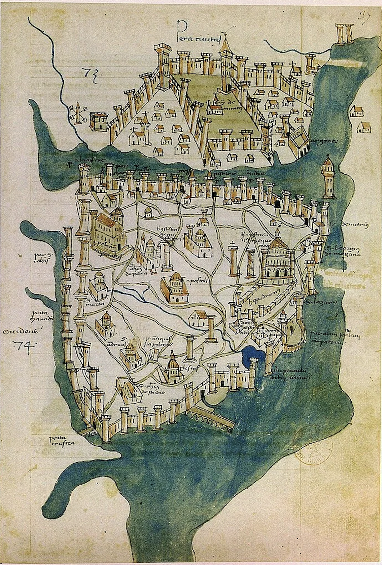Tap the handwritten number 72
pyautogui.click(x=87, y=75)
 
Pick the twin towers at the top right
pyautogui.click(x=344, y=34)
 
